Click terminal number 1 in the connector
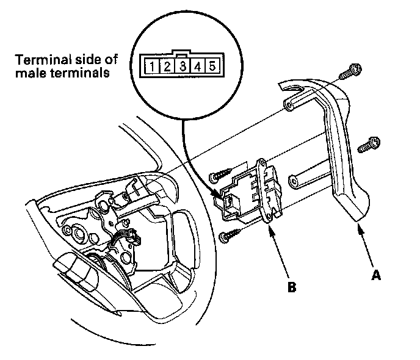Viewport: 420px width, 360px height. coord(150,65)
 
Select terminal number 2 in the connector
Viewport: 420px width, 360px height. coord(165,65)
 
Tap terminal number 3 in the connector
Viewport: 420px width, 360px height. coord(181,65)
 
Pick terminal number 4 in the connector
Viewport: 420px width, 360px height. coord(197,65)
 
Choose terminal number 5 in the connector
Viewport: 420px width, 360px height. coord(211,65)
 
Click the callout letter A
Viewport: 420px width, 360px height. coord(377,275)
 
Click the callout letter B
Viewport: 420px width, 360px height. coord(292,286)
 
